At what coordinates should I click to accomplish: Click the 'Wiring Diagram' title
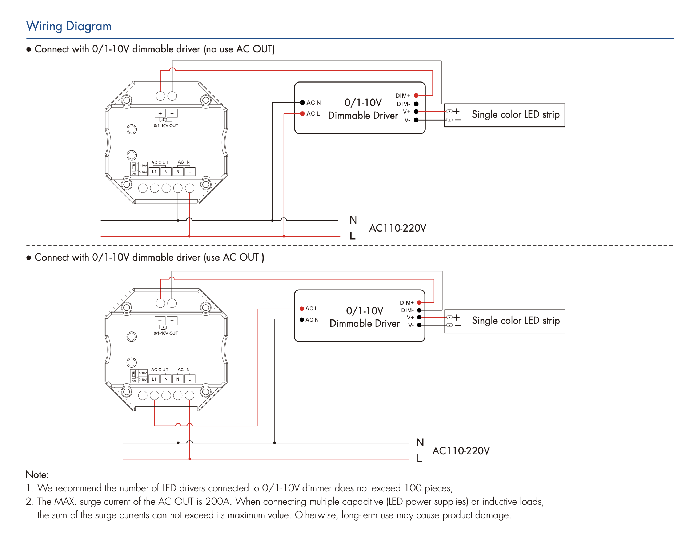69,26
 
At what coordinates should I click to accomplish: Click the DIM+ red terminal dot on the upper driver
416,96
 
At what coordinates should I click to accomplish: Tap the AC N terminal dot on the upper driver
302,102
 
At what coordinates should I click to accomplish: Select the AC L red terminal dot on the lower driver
301,309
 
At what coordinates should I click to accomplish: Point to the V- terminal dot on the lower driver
419,325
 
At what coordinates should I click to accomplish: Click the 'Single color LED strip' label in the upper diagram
516,114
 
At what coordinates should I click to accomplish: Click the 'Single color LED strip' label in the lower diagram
516,321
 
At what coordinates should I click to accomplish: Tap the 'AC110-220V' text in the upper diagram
397,228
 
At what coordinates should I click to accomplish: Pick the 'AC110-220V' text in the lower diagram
461,451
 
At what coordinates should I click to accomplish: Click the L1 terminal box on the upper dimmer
154,172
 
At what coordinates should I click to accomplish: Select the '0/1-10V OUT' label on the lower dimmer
166,333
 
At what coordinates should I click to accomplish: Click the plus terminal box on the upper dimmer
160,113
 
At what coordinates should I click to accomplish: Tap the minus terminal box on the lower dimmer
172,321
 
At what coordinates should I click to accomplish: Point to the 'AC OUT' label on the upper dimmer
160,162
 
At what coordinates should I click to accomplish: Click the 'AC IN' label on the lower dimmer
184,370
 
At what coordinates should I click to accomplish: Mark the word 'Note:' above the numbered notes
37,475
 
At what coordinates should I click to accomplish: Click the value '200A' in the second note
217,502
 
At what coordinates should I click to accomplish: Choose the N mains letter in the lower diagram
420,442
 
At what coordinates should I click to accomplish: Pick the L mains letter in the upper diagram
352,236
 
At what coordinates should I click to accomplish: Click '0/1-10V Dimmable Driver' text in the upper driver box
363,109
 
